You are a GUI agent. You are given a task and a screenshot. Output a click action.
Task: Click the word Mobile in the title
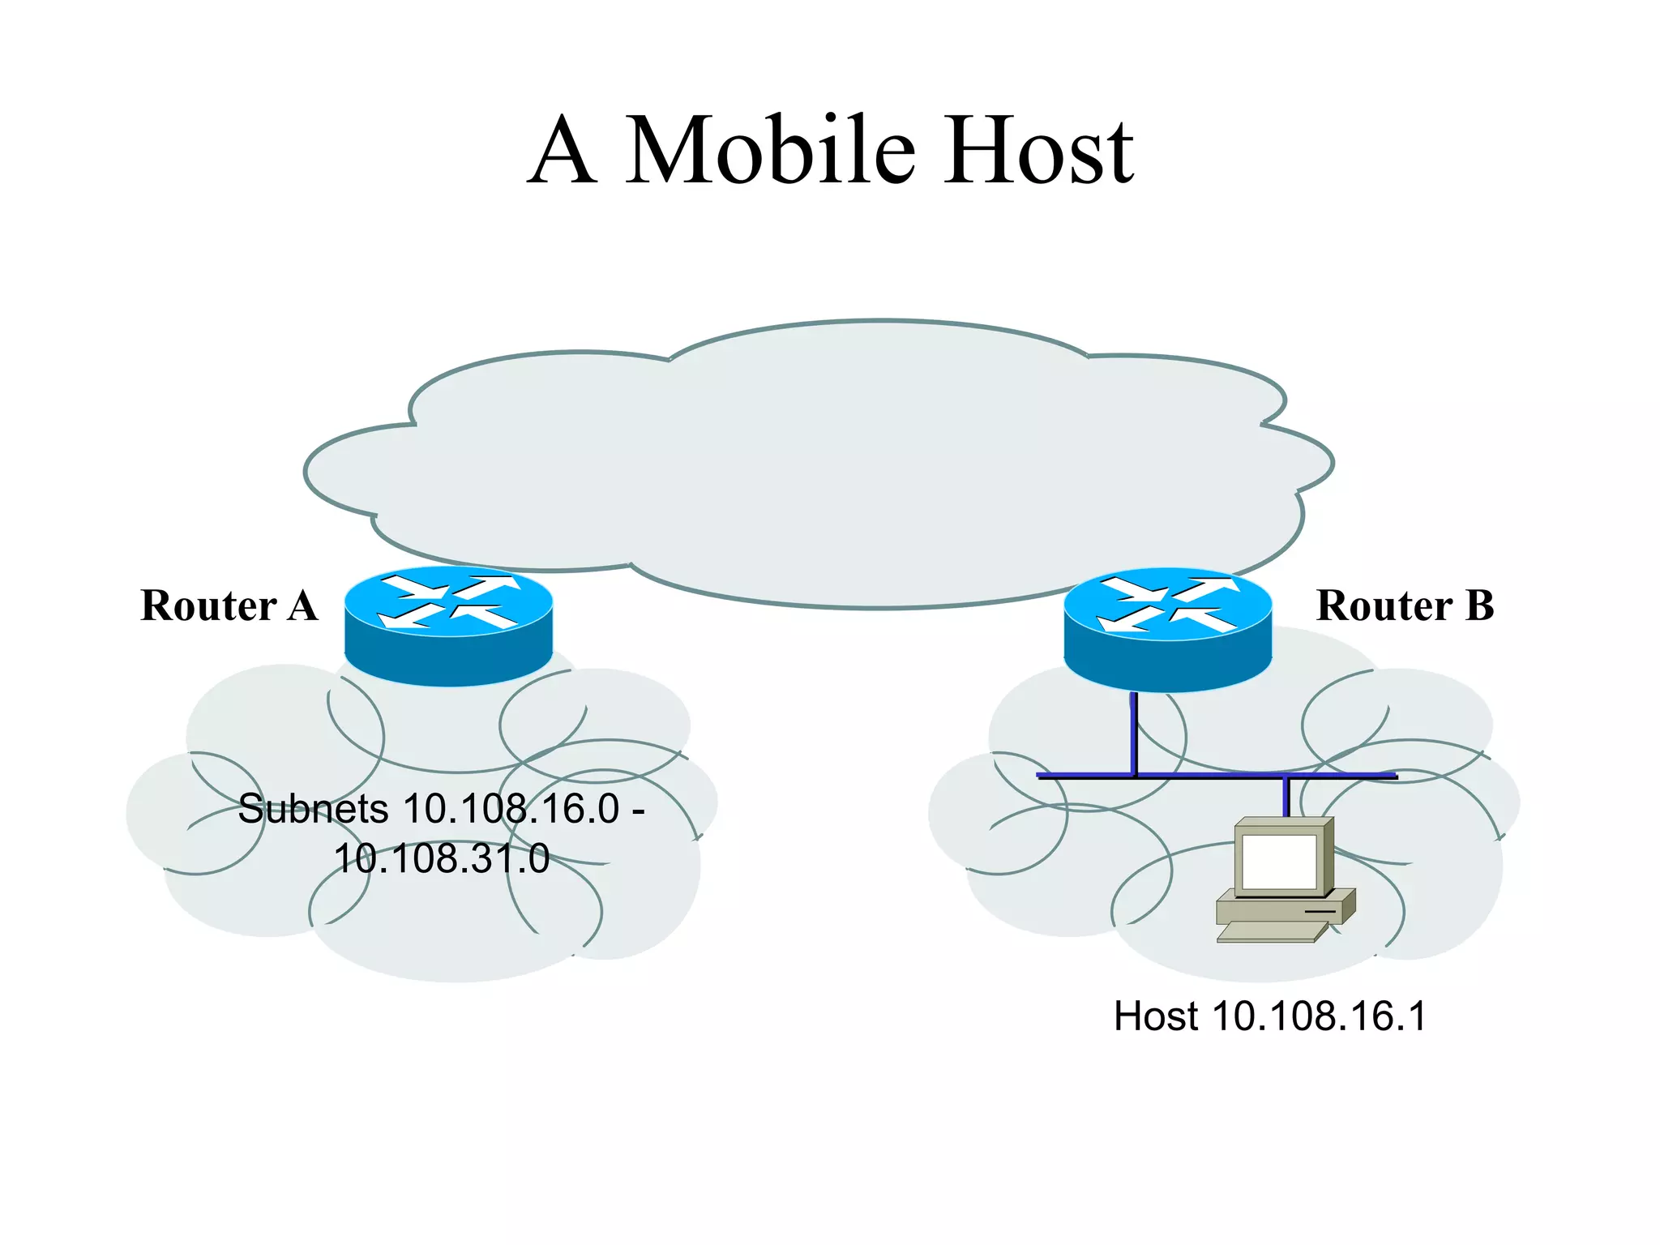click(x=770, y=151)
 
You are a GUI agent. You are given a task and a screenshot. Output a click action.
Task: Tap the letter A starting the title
click(x=563, y=151)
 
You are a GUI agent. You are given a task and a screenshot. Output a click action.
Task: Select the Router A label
click(x=229, y=605)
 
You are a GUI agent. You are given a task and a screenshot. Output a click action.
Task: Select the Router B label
click(x=1405, y=605)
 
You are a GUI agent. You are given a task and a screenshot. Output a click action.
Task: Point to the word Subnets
click(x=313, y=809)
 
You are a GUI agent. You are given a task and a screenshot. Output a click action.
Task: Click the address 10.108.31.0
click(x=442, y=858)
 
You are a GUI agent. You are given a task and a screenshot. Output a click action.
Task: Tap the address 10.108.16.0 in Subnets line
click(x=511, y=809)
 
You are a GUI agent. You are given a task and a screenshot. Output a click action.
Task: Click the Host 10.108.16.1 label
click(x=1269, y=1016)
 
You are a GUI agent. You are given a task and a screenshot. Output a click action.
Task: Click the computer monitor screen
click(x=1279, y=862)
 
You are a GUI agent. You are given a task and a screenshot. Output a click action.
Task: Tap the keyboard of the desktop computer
click(x=1269, y=932)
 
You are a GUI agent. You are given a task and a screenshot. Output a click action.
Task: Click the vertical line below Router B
click(x=1134, y=734)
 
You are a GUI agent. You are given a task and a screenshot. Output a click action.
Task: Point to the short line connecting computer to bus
click(x=1286, y=797)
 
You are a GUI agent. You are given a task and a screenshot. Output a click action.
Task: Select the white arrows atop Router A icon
click(x=448, y=602)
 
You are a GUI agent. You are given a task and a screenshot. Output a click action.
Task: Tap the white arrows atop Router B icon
click(x=1167, y=604)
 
